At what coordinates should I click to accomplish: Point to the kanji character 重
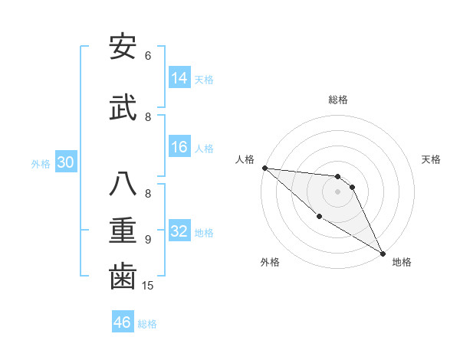tap(123, 229)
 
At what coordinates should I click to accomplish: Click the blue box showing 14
tap(179, 78)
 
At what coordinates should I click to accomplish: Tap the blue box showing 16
tap(179, 148)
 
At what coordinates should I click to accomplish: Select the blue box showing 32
tap(179, 232)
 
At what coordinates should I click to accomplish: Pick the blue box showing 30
tap(65, 163)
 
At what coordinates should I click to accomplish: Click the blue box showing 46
tap(123, 322)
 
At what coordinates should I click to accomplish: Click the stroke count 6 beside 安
tap(148, 55)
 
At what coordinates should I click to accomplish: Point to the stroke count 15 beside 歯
tap(148, 285)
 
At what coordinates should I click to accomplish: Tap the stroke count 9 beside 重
tap(148, 240)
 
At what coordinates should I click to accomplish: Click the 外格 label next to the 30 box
tap(41, 164)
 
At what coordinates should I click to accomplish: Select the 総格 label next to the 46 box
tap(147, 323)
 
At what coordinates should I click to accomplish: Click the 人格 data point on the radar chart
tap(264, 168)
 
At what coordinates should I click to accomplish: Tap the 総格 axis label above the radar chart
tap(337, 100)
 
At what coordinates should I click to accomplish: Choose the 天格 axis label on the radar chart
tap(431, 159)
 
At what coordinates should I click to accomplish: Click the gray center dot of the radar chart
tap(337, 191)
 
